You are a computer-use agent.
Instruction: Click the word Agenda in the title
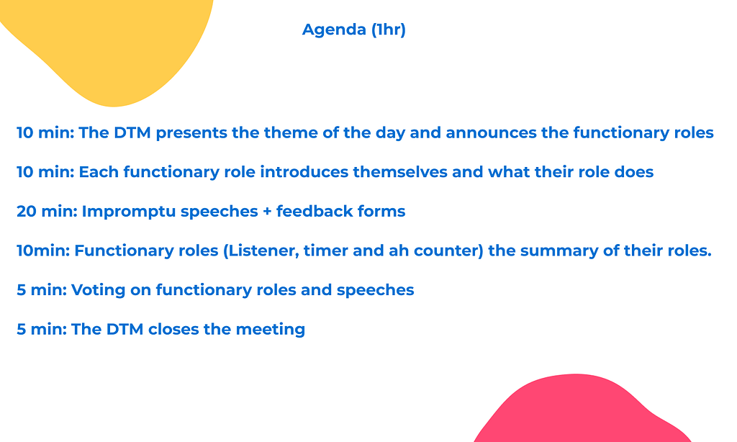[x=334, y=30]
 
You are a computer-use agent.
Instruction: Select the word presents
[x=191, y=134]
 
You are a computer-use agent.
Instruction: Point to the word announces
[x=491, y=133]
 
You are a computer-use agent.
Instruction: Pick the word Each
[x=99, y=172]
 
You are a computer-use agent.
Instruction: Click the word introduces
[x=304, y=172]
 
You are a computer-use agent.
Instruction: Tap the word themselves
[x=400, y=172]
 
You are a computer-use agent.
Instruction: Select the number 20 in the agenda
[x=27, y=212]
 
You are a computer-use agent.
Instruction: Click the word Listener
[x=261, y=251]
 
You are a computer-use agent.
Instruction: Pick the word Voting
[x=98, y=291]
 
